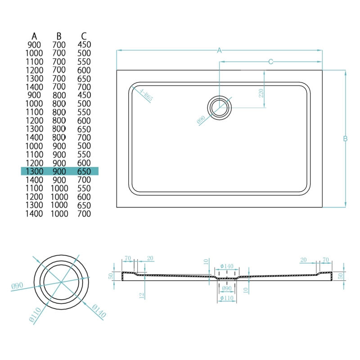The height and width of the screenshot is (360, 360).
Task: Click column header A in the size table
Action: (x=34, y=36)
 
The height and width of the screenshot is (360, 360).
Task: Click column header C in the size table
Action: (x=84, y=36)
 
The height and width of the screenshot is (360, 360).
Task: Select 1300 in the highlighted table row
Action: (x=34, y=171)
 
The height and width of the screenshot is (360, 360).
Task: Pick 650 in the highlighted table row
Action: (x=84, y=171)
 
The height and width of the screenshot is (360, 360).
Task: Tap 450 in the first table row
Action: (x=84, y=45)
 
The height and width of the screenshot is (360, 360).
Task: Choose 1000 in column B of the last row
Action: (x=59, y=214)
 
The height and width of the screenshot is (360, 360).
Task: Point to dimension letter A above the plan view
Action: (x=220, y=50)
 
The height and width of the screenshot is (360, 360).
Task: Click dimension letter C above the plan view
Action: (x=271, y=62)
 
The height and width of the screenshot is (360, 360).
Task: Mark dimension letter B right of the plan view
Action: (x=345, y=139)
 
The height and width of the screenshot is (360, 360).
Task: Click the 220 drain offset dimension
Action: (x=261, y=94)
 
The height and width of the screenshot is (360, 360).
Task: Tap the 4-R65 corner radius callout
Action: (x=146, y=96)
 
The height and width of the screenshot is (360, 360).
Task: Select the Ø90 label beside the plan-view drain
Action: (x=201, y=120)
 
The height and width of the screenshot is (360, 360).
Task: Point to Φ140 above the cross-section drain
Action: (x=226, y=266)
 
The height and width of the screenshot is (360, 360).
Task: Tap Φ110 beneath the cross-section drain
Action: (x=226, y=298)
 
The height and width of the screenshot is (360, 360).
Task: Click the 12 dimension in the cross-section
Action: (x=141, y=295)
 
